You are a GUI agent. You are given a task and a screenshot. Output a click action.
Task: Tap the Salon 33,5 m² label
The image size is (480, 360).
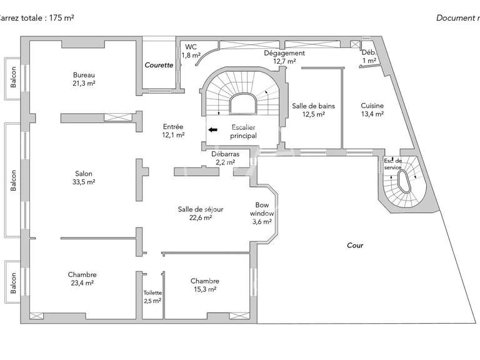tap(83, 178)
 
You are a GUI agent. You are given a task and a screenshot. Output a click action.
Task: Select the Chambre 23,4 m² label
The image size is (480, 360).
tap(82, 279)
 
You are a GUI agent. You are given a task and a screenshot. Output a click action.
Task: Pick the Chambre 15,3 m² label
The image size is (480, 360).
tap(204, 285)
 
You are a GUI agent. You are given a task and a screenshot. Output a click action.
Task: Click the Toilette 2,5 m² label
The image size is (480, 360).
tap(152, 296)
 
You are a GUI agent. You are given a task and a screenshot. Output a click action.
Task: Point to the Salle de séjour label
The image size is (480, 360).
tap(201, 213)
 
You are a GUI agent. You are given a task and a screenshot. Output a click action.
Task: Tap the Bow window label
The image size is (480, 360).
tap(262, 213)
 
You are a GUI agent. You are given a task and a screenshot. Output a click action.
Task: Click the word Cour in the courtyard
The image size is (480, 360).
tap(355, 246)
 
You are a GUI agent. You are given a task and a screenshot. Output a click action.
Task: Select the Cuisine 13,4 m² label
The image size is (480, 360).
tap(372, 110)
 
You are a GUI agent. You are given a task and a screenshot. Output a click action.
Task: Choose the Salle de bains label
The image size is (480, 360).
tap(313, 110)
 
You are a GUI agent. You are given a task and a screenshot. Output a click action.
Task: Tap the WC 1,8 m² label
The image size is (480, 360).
tap(191, 51)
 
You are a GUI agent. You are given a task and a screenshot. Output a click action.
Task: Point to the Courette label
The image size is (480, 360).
tap(159, 65)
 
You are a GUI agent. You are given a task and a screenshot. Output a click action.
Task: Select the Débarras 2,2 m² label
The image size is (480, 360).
tap(225, 157)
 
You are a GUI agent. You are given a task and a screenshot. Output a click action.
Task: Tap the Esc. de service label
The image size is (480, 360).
tap(393, 163)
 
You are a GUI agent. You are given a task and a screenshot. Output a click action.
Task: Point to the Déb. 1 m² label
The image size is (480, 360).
tap(369, 57)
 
